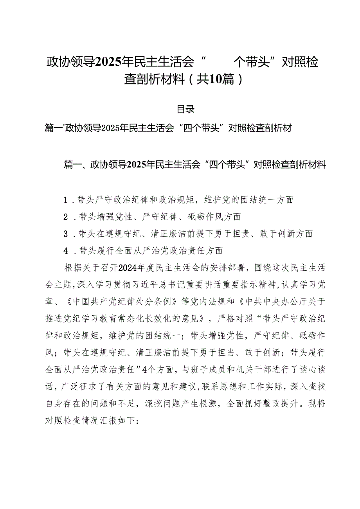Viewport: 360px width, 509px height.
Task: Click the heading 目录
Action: pyautogui.click(x=186, y=109)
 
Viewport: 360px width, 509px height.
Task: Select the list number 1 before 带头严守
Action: pyautogui.click(x=67, y=200)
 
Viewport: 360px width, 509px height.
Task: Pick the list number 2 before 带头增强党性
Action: pyautogui.click(x=67, y=217)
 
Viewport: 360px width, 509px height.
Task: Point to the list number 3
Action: pyautogui.click(x=67, y=234)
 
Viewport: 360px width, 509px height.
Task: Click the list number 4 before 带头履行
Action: pyautogui.click(x=67, y=250)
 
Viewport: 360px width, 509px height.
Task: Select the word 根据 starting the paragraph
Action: pyautogui.click(x=72, y=267)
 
